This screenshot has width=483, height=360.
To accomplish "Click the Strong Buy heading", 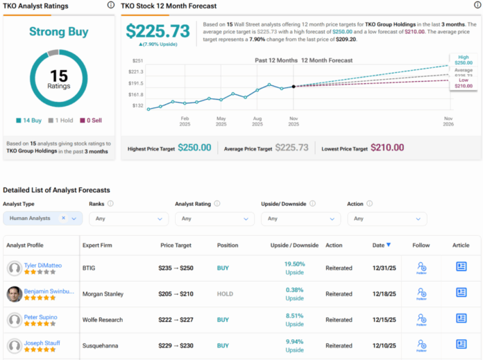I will pyautogui.click(x=58, y=31).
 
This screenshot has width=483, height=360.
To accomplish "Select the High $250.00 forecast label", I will pyautogui.click(x=463, y=60).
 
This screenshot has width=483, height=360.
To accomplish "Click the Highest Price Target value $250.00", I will pyautogui.click(x=196, y=148).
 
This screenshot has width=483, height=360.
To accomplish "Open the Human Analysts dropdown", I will pyautogui.click(x=42, y=218).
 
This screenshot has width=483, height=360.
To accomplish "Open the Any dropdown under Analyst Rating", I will pyautogui.click(x=214, y=218).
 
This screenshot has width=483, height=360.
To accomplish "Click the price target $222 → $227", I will pyautogui.click(x=175, y=319).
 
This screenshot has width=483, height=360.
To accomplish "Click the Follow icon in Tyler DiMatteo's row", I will pyautogui.click(x=421, y=267).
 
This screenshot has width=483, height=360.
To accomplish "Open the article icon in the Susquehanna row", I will pyautogui.click(x=461, y=345).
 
